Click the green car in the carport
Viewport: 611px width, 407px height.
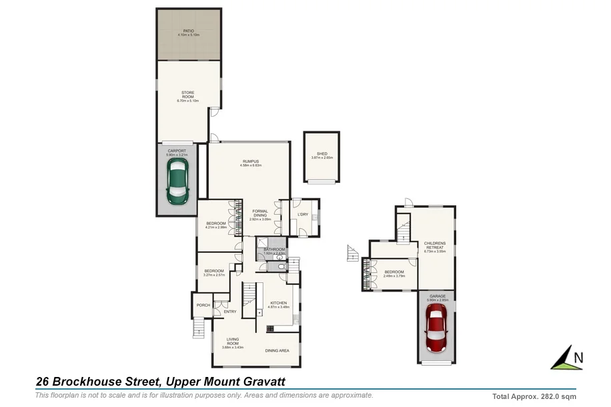point(177,184)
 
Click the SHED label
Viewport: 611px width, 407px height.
point(322,155)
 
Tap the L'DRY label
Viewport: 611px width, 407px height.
point(302,214)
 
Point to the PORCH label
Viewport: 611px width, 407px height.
point(203,305)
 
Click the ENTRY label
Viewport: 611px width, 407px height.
point(230,312)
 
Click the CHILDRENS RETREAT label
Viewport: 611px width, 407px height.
point(434,246)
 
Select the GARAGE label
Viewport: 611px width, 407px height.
point(436,298)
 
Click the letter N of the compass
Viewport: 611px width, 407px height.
point(578,358)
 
